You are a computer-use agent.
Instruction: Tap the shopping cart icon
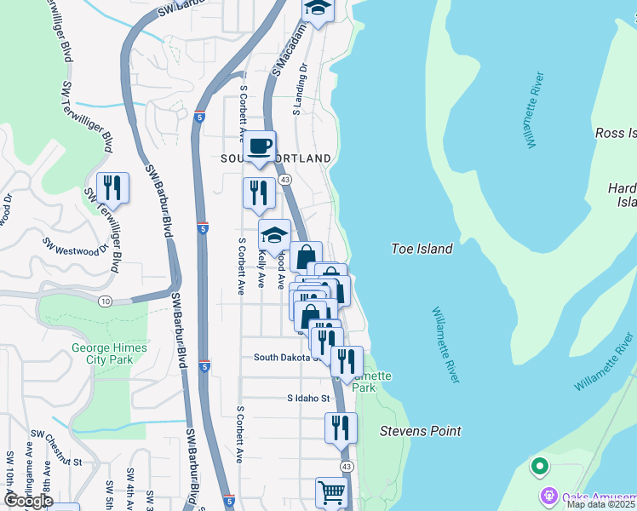point(331,492)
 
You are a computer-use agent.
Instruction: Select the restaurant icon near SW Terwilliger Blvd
point(112,187)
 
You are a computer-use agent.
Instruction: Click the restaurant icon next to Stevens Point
point(341,427)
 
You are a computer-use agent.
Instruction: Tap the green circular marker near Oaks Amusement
point(538,466)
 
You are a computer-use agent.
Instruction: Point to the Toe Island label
point(421,250)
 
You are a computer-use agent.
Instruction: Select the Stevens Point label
point(420,431)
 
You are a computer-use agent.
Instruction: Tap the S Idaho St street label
point(308,398)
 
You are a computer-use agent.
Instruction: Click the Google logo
point(27,502)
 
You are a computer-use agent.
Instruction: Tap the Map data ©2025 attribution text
point(600,504)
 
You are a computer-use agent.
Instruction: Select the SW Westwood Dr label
point(78,246)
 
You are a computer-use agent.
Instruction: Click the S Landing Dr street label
point(301,88)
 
